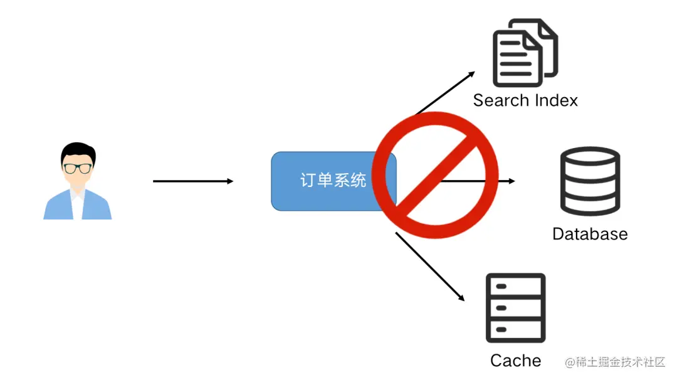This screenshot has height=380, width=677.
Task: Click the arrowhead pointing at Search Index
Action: (x=471, y=75)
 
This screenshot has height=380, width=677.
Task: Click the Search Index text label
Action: (x=525, y=100)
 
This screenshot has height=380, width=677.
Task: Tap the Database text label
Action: (x=589, y=234)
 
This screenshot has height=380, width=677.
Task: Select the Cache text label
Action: (x=515, y=361)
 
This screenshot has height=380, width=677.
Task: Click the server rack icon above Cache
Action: (x=515, y=307)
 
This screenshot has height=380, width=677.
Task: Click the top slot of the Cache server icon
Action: (x=515, y=287)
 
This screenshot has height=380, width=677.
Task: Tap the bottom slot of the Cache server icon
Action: (x=515, y=329)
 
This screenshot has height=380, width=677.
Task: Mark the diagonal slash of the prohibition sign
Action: (x=435, y=176)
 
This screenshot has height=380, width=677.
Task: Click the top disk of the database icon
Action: (x=589, y=157)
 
